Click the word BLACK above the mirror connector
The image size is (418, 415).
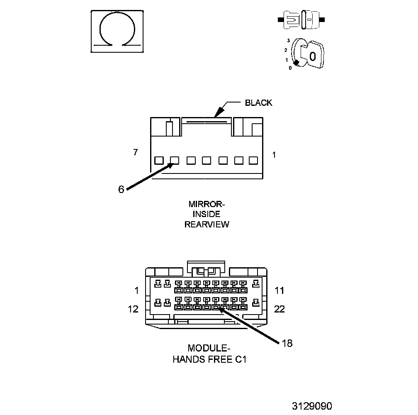pyautogui.click(x=258, y=103)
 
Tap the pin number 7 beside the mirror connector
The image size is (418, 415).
pyautogui.click(x=136, y=152)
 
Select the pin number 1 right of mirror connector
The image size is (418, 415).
pyautogui.click(x=274, y=155)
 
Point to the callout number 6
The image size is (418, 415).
pyautogui.click(x=121, y=189)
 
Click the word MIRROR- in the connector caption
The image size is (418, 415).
pyautogui.click(x=207, y=204)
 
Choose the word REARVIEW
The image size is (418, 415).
pyautogui.click(x=207, y=225)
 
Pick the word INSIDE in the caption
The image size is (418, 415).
pyautogui.click(x=207, y=214)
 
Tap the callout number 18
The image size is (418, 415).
pyautogui.click(x=287, y=343)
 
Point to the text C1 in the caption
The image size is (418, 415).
pyautogui.click(x=241, y=359)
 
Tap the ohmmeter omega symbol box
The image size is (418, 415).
pyautogui.click(x=117, y=32)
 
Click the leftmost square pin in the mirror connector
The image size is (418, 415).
pyautogui.click(x=158, y=160)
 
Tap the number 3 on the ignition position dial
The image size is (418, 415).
pyautogui.click(x=288, y=41)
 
